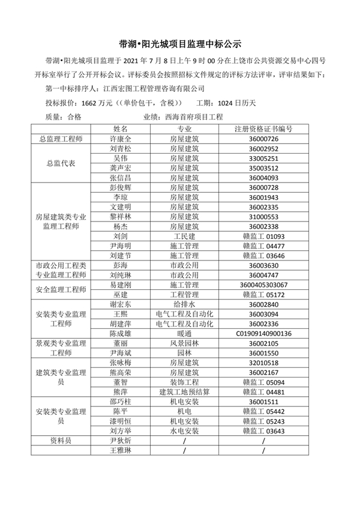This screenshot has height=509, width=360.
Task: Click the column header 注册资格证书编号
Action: click(x=263, y=128)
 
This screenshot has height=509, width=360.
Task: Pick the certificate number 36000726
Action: click(x=263, y=139)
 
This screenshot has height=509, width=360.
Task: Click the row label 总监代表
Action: click(x=60, y=163)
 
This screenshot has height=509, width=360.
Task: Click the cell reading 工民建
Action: click(x=184, y=236)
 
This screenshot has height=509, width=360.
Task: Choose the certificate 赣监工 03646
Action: click(x=263, y=256)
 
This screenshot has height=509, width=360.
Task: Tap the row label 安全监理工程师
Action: click(x=60, y=290)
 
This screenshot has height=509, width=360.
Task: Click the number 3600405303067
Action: click(x=263, y=285)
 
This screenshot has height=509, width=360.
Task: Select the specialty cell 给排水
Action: click(x=184, y=304)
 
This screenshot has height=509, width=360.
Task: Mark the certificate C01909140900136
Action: click(x=263, y=333)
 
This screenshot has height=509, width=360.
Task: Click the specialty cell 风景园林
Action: click(x=184, y=343)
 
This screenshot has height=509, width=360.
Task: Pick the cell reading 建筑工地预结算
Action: click(x=184, y=392)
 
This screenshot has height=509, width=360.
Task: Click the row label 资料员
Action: click(x=60, y=441)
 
